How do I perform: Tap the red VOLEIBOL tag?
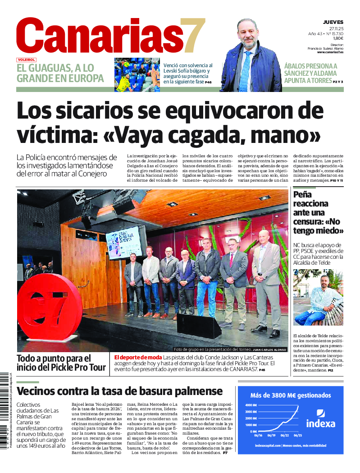coord(26,60)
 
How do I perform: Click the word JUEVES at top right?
coord(333,22)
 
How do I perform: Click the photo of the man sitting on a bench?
coord(318,297)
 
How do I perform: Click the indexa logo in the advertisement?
coord(321,419)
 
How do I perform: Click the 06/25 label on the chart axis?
coord(298,436)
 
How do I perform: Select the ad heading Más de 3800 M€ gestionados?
coord(290,395)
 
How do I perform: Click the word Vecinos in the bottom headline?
coord(38,391)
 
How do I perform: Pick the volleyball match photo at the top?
coord(137,75)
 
